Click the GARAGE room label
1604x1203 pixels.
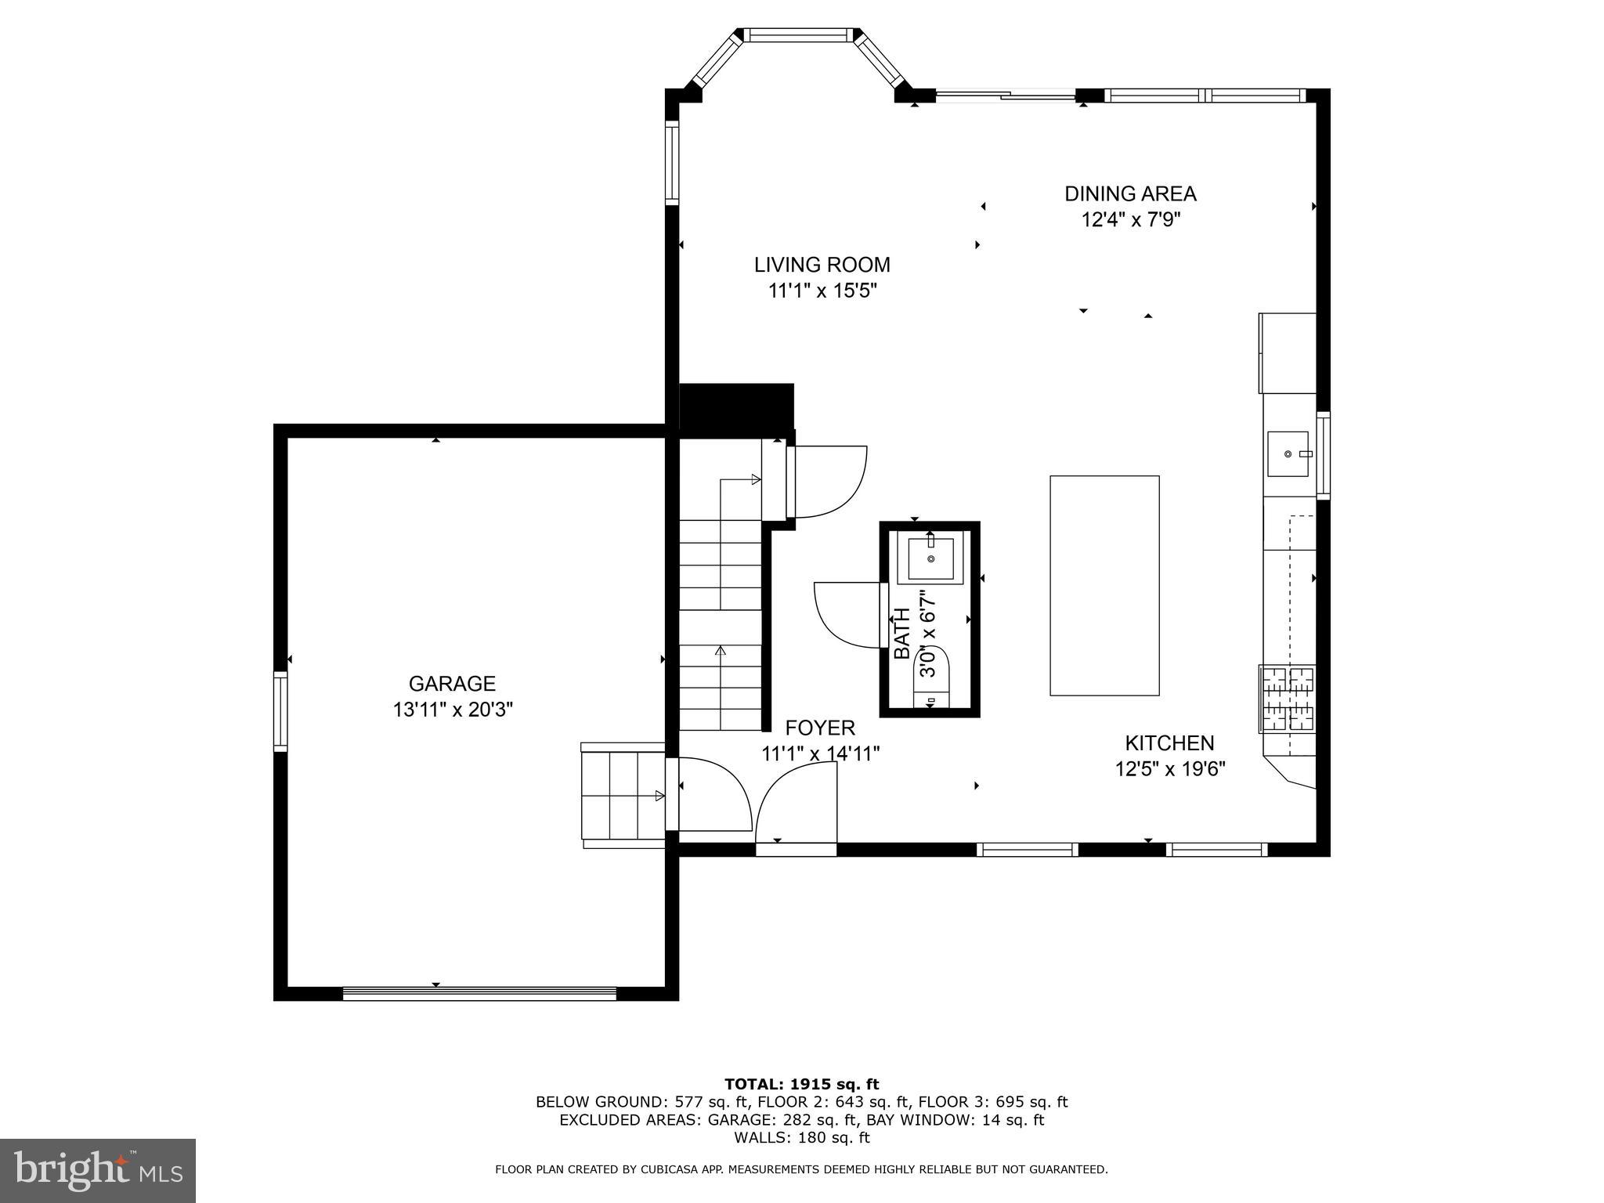click(x=452, y=684)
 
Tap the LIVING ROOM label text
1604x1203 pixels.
click(x=822, y=265)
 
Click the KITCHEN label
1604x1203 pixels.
click(x=1169, y=743)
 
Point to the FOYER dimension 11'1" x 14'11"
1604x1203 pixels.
click(x=820, y=753)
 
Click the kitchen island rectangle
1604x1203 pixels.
click(x=1104, y=585)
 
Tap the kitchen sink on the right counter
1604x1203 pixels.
click(x=1288, y=453)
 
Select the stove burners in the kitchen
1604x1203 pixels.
click(x=1287, y=699)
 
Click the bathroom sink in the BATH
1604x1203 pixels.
click(x=930, y=559)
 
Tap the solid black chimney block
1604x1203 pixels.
click(x=735, y=406)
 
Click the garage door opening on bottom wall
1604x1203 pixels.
click(x=479, y=993)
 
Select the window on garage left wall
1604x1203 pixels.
click(x=280, y=710)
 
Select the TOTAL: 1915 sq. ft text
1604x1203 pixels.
click(x=801, y=1084)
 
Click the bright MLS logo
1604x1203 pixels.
click(x=98, y=1170)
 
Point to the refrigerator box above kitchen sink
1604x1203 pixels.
click(x=1287, y=352)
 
